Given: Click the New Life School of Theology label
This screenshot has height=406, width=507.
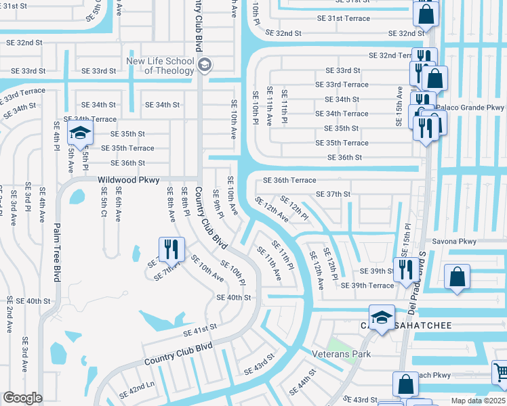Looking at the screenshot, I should (x=160, y=66).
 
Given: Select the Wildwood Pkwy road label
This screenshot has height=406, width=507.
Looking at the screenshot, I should (x=128, y=180).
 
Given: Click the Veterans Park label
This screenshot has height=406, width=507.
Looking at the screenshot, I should (x=337, y=354).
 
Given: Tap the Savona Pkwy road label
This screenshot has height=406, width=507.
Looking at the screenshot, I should (x=455, y=242).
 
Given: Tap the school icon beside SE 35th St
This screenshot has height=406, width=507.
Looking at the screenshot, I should (x=80, y=134).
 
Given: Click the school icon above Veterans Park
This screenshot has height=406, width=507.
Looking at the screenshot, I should (x=382, y=317).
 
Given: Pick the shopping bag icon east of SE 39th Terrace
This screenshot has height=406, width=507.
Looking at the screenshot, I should (x=458, y=277).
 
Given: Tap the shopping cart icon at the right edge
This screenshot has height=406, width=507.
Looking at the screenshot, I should (x=500, y=371).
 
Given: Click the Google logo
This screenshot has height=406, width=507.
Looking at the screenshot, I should (x=22, y=398).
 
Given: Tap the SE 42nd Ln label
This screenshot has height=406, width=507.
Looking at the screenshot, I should (x=137, y=391).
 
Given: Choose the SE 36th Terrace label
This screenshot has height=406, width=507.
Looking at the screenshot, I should (x=289, y=180).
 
